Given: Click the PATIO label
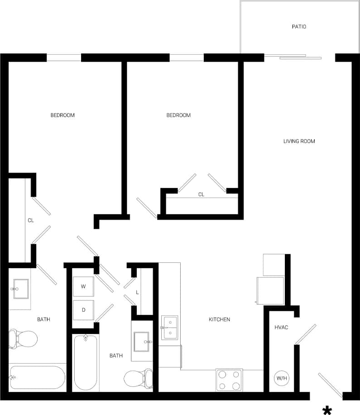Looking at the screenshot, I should pyautogui.click(x=298, y=27).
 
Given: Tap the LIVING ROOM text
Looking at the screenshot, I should pyautogui.click(x=299, y=141).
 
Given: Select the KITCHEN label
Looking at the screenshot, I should pyautogui.click(x=219, y=319).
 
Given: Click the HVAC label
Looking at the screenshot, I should pyautogui.click(x=281, y=327).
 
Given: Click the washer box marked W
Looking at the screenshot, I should pyautogui.click(x=83, y=286).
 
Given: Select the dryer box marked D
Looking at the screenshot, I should pyautogui.click(x=83, y=310).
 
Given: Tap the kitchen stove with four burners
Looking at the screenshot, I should pyautogui.click(x=229, y=380).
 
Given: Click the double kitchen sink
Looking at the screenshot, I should pyautogui.click(x=169, y=328).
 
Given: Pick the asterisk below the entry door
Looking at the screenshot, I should pyautogui.click(x=327, y=410).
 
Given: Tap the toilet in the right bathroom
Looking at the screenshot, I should pyautogui.click(x=138, y=377).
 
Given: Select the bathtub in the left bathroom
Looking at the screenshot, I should pyautogui.click(x=37, y=377).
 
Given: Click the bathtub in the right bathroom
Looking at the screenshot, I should pyautogui.click(x=86, y=362).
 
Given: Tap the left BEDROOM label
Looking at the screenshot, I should pyautogui.click(x=62, y=115).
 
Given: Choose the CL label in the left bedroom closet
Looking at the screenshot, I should pyautogui.click(x=31, y=221).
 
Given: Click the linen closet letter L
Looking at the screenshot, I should pyautogui.click(x=137, y=292).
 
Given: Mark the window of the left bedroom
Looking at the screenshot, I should pyautogui.click(x=64, y=58).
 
